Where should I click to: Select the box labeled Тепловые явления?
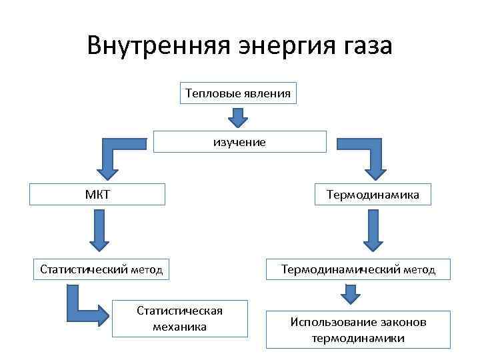tap(238, 93)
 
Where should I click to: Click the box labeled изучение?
tap(240, 142)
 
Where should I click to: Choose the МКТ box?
tap(97, 195)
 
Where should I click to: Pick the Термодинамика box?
tap(373, 195)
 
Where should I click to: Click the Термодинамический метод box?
tap(358, 269)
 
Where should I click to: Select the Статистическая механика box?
tap(179, 319)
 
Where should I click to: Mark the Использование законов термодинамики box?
tap(358, 330)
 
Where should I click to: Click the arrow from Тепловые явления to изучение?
tap(238, 118)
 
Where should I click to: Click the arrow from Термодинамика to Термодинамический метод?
tap(372, 231)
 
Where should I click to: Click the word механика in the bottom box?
tap(179, 327)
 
